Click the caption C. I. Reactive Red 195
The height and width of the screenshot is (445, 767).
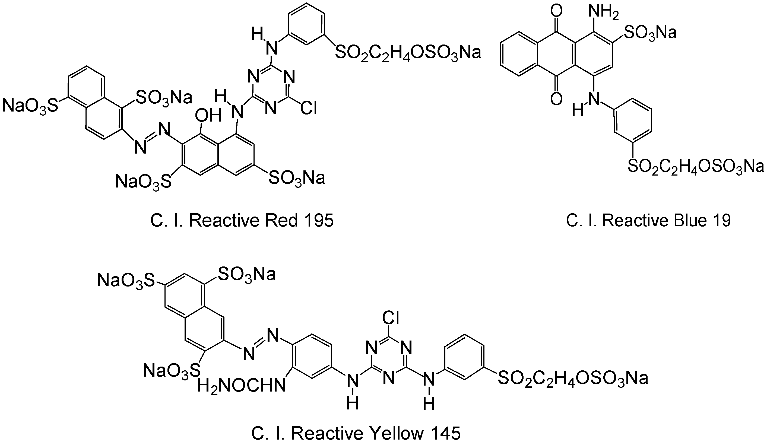[242, 220]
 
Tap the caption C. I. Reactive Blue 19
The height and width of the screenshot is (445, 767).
[648, 220]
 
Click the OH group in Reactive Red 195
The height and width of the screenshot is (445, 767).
[208, 116]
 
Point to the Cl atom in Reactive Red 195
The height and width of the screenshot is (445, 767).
[308, 108]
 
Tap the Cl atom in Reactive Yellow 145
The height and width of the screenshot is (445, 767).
[391, 318]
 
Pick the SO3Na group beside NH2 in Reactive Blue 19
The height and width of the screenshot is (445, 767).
[650, 32]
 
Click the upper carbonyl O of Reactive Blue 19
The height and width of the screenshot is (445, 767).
[556, 12]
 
